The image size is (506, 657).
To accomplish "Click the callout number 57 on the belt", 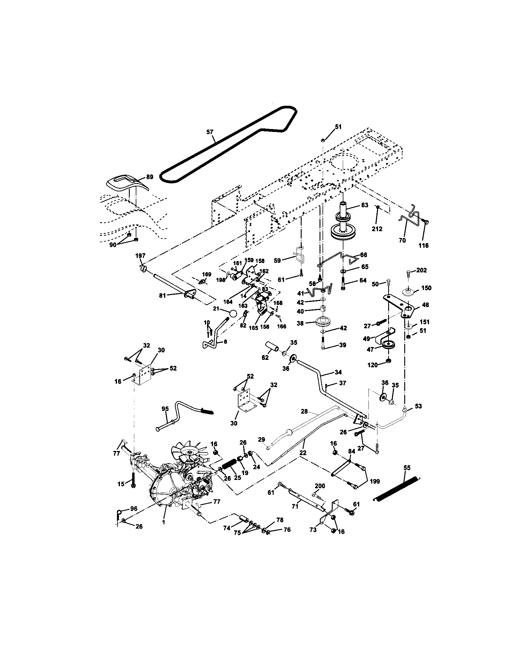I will (210, 132).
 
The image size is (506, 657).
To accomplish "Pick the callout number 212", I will (377, 229).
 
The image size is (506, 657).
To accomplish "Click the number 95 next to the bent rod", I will (165, 409).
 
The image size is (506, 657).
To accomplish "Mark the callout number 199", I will (374, 481).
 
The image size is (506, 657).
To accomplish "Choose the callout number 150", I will (426, 288).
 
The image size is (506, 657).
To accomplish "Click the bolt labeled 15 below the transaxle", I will (133, 483).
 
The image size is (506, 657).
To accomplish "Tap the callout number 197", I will (140, 255).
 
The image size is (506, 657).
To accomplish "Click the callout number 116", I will (424, 245).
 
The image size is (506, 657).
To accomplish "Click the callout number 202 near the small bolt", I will (421, 270).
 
